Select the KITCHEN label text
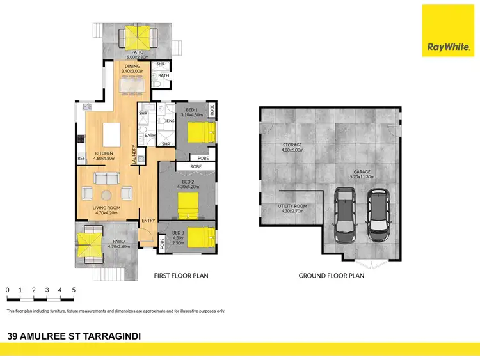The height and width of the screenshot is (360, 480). [x=104, y=153]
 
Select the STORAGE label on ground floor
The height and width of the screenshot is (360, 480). [x=292, y=145]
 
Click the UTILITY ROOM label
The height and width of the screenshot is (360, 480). [x=292, y=207]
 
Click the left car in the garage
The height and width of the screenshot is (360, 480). [x=346, y=214]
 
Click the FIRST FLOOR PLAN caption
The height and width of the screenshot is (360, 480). [x=181, y=276]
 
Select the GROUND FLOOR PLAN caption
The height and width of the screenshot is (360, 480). [x=332, y=276]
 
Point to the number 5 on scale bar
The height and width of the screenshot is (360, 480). [x=74, y=290]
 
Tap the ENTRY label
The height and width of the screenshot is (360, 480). [x=148, y=221]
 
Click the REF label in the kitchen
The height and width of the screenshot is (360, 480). [x=81, y=158]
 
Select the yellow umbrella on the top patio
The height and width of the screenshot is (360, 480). [x=135, y=33]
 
